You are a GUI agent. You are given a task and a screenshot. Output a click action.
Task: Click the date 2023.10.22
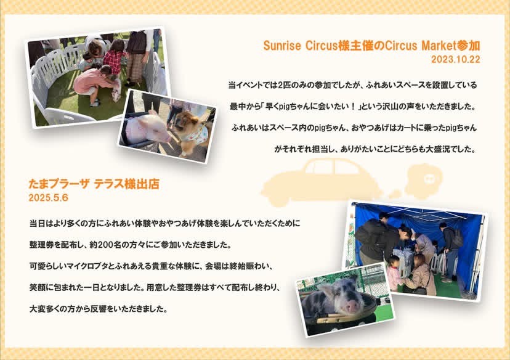[x=455, y=59]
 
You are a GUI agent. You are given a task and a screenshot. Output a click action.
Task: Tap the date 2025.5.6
[x=49, y=198]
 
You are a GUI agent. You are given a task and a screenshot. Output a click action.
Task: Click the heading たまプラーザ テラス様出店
[x=94, y=184]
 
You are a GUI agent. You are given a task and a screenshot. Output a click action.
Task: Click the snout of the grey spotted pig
[x=353, y=306]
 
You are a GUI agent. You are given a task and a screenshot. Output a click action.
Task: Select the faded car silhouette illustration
[x=320, y=182]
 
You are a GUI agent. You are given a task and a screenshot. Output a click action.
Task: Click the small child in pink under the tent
[x=394, y=274]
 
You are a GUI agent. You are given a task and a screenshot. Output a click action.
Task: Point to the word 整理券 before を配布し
[x=42, y=245]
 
